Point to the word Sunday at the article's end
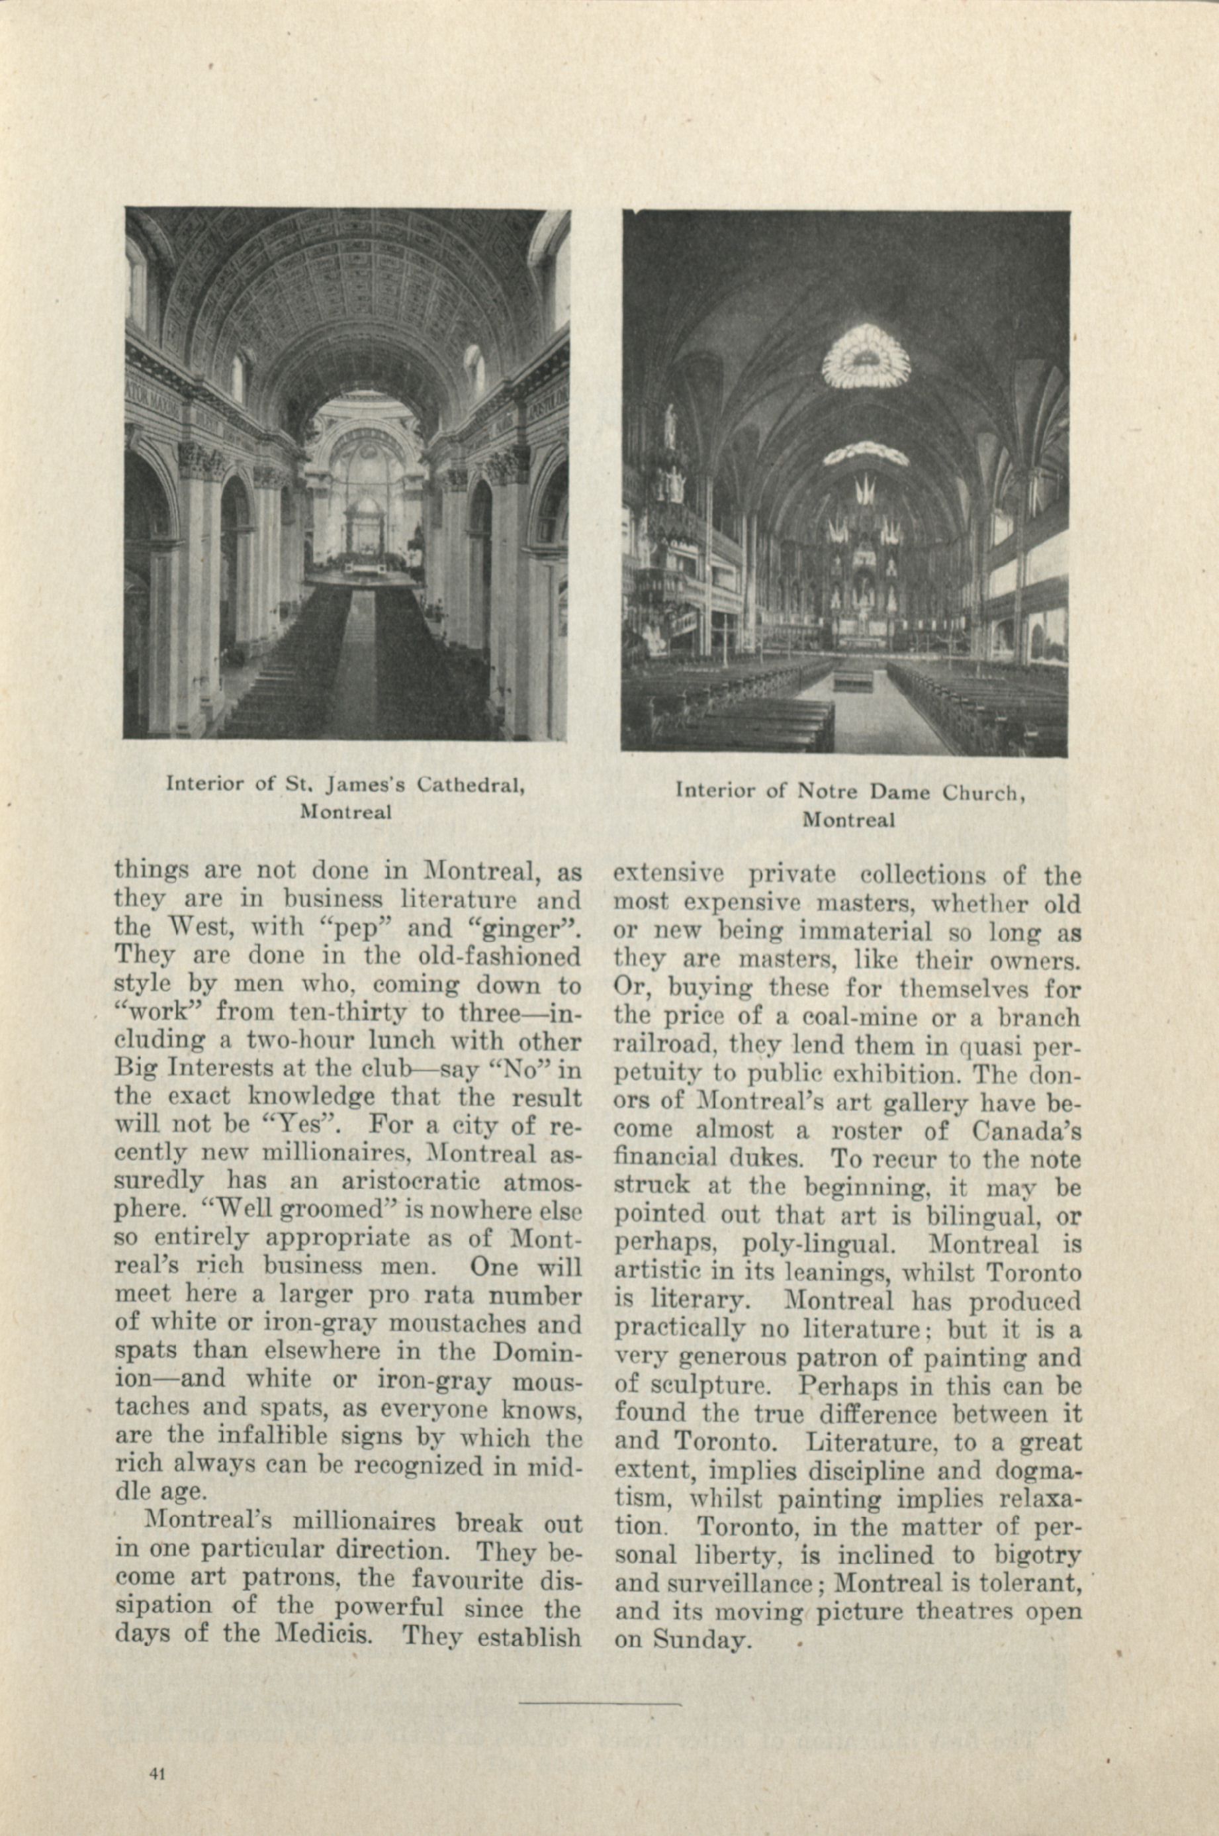tap(701, 1640)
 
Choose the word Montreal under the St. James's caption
tap(345, 812)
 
